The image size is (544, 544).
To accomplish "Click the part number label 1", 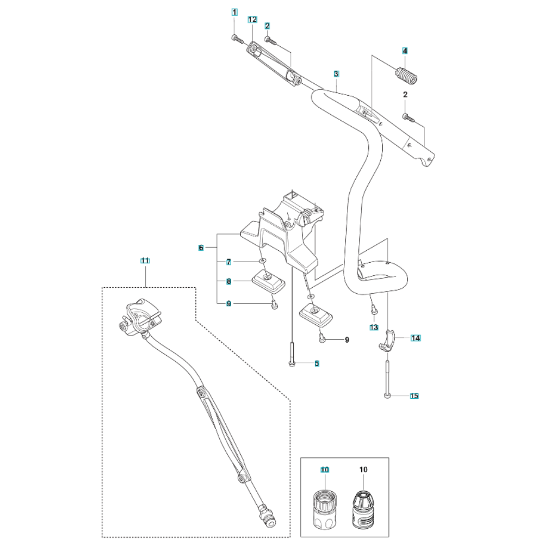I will coord(234,11).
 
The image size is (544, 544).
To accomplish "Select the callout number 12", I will coord(252,20).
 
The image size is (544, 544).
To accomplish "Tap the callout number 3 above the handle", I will coord(336,73).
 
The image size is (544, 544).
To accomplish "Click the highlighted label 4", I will coord(405,51).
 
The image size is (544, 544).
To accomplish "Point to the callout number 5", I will coord(317,363).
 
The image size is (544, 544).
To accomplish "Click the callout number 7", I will coord(230,262).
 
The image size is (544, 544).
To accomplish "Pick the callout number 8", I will coord(230,282).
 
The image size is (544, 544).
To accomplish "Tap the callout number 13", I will coord(373,327).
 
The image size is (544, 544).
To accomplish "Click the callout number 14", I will coord(416,338).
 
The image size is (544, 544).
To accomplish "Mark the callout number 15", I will coord(414,396).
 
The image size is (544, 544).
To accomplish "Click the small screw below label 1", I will coord(235,38).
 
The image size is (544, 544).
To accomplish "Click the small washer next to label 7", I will coord(262,262).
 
